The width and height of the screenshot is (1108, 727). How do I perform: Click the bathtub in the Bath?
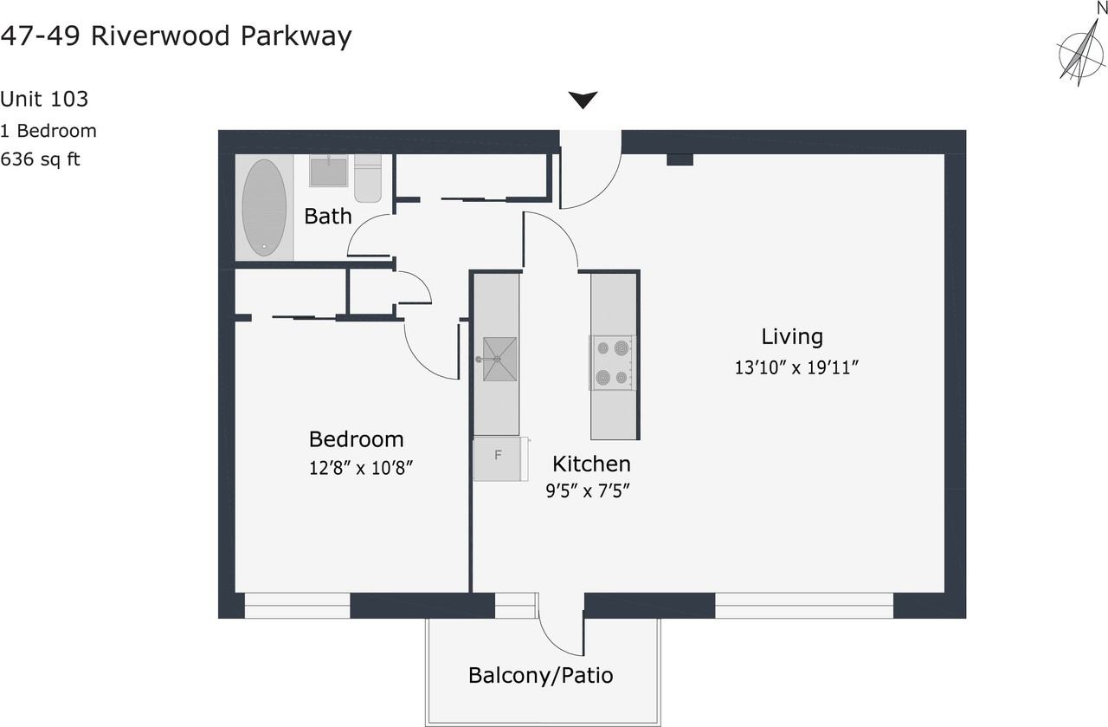click(264, 207)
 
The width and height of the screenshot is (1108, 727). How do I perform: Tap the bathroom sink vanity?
click(329, 171)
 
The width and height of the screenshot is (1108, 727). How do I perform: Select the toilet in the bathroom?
click(368, 179)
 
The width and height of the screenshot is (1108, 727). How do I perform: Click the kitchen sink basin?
click(499, 359)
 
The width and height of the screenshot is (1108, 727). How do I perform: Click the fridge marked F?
click(499, 458)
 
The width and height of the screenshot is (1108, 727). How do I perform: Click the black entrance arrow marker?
click(583, 100)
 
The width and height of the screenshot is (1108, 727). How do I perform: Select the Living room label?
click(792, 336)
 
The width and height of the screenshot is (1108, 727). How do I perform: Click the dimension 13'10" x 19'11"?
click(796, 367)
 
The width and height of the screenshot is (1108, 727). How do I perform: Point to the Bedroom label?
click(356, 438)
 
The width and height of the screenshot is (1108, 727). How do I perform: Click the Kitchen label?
click(591, 463)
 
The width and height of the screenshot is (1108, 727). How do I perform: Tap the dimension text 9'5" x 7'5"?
click(586, 491)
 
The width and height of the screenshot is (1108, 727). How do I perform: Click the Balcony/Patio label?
click(540, 675)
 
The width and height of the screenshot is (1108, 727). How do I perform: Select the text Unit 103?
click(44, 99)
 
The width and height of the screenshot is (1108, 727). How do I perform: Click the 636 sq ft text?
click(40, 159)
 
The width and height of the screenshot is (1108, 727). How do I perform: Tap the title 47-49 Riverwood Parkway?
click(176, 36)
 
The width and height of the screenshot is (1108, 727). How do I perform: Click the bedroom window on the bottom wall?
click(297, 605)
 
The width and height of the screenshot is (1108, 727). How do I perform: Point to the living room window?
click(804, 605)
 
